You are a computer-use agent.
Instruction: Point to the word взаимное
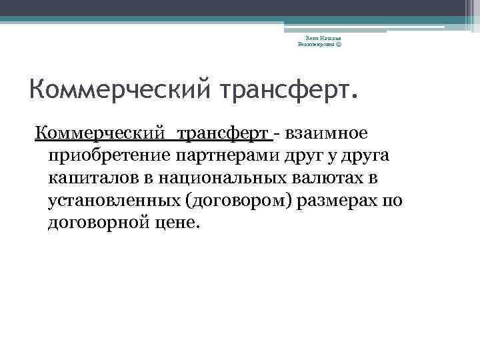pos(326,134)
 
